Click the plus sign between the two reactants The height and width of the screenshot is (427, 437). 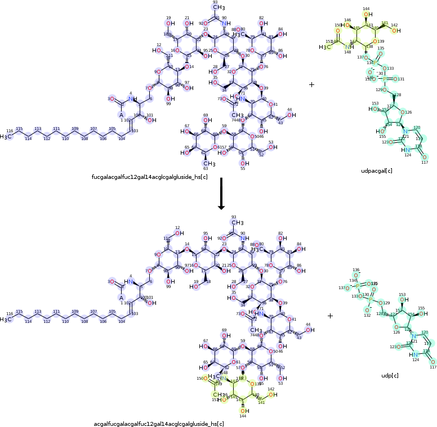coord(311,84)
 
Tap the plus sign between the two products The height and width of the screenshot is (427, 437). coord(330,316)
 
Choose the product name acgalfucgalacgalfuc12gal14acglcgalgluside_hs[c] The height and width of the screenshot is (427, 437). coord(159,422)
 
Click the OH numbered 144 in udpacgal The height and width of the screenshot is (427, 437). coord(367,15)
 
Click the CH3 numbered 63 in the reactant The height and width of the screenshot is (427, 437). coord(206,163)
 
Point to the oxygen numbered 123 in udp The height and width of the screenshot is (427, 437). coord(385,347)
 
